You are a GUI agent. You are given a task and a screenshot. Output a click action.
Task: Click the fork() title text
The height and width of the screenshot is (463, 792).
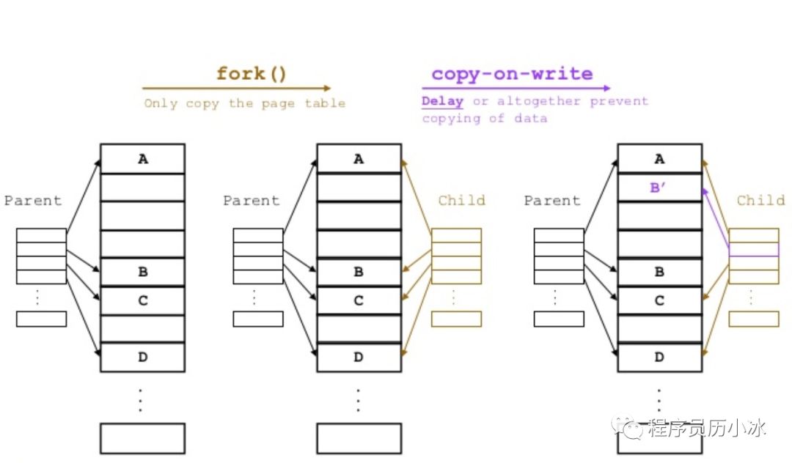point(251,74)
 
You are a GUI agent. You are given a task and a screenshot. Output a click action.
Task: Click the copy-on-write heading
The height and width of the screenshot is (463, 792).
point(512,74)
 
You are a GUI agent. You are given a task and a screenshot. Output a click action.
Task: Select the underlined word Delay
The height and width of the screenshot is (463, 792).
point(442,101)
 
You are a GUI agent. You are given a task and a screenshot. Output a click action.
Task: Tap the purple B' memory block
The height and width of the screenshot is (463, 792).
point(659,187)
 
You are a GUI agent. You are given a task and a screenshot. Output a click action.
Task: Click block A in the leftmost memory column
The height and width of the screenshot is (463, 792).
point(142,158)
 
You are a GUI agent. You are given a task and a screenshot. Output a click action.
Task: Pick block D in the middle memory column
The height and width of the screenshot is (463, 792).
point(359,357)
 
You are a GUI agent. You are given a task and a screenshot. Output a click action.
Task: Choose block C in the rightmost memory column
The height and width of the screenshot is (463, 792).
point(659,300)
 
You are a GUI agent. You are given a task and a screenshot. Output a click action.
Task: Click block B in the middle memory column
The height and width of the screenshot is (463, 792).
point(359,272)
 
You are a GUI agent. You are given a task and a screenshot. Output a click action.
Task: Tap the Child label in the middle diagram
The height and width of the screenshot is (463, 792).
point(461,200)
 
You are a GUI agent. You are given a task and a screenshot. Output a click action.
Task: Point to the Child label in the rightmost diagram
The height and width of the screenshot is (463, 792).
point(760,200)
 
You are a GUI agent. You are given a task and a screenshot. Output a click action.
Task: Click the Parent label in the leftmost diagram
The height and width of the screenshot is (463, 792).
point(33,200)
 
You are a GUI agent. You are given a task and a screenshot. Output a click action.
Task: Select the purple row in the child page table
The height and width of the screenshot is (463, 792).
point(753,250)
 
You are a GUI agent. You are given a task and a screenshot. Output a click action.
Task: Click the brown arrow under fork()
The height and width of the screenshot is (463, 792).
point(236,89)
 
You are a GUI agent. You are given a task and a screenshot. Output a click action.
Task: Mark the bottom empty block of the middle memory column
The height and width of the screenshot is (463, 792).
point(359,438)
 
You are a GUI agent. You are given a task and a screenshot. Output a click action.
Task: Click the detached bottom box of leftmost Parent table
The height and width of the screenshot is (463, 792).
point(41,319)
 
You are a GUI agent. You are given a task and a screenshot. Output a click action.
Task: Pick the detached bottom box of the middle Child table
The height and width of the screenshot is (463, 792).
point(456,319)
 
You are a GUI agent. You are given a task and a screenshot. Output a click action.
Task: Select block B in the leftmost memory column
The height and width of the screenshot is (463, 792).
point(142,272)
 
